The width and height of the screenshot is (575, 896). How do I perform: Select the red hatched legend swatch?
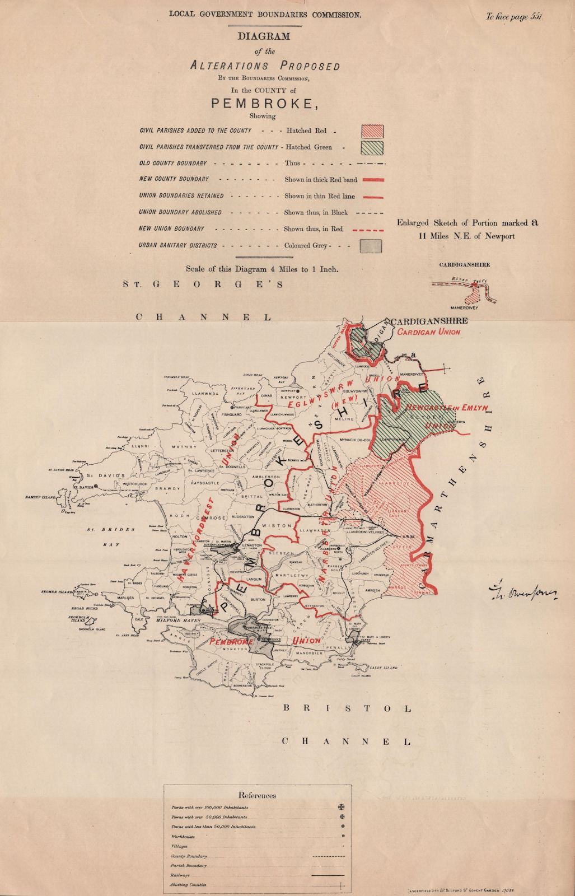tap(372, 131)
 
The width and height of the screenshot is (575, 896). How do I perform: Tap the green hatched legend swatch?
tap(372, 148)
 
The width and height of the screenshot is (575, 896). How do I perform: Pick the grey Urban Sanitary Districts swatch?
tap(371, 246)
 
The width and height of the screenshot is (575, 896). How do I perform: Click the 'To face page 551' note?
tap(514, 17)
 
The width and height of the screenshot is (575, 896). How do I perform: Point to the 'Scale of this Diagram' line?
tap(262, 269)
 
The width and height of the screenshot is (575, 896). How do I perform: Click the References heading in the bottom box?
tap(257, 795)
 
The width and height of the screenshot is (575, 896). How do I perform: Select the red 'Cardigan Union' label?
tap(429, 332)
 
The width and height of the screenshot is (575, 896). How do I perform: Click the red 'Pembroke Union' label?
tap(265, 641)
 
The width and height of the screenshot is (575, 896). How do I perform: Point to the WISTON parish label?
tap(277, 526)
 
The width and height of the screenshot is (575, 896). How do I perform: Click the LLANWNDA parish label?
tap(204, 394)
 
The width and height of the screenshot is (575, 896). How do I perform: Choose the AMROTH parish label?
tap(372, 591)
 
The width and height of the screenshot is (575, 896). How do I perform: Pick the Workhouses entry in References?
tap(183, 837)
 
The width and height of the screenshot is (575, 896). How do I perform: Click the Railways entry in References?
tap(180, 875)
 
